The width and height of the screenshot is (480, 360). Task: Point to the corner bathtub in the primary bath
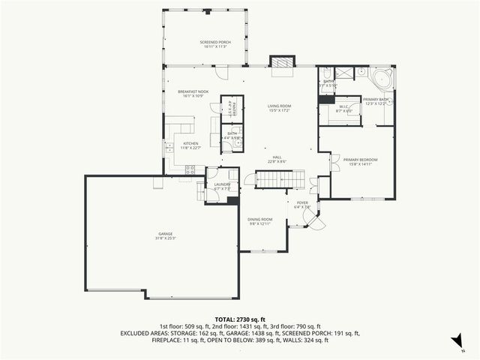(x=379, y=78)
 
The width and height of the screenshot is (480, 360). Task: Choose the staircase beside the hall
(x=280, y=179)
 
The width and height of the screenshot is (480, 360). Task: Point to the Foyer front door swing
(x=310, y=218)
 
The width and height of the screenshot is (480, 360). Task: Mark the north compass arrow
(x=454, y=340)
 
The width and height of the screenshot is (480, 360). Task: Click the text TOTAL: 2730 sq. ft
(x=239, y=319)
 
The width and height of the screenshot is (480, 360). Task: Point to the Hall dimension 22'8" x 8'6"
(x=277, y=161)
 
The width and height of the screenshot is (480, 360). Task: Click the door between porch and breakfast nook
(x=221, y=72)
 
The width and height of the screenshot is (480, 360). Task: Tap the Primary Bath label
(x=374, y=100)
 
